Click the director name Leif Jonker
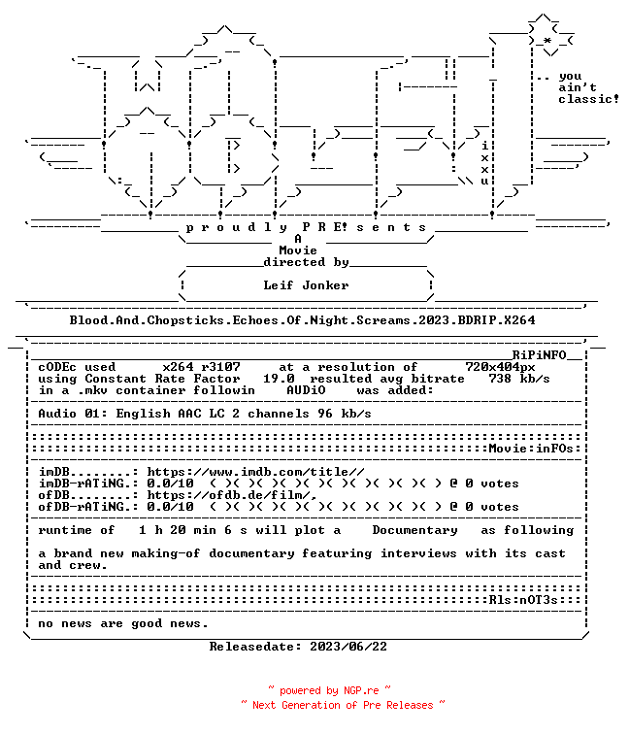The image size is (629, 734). click(306, 285)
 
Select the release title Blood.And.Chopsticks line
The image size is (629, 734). click(302, 320)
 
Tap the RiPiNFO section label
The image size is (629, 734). click(539, 354)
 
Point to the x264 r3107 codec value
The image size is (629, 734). click(201, 367)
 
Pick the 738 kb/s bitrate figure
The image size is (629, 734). click(519, 379)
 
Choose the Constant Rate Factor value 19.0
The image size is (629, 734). click(279, 379)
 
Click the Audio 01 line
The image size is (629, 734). click(205, 414)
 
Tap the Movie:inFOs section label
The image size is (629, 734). click(531, 449)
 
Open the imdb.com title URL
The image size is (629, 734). click(255, 472)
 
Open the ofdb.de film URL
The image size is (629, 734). click(232, 495)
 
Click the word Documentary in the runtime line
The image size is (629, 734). click(414, 530)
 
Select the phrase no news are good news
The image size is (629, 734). click(123, 623)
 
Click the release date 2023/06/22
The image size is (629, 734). click(348, 647)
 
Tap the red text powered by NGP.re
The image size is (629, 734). click(329, 690)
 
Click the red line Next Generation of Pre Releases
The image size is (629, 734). click(343, 705)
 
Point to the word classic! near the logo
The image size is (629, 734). click(588, 99)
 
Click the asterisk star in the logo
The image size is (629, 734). click(547, 42)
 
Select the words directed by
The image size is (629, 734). click(306, 262)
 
